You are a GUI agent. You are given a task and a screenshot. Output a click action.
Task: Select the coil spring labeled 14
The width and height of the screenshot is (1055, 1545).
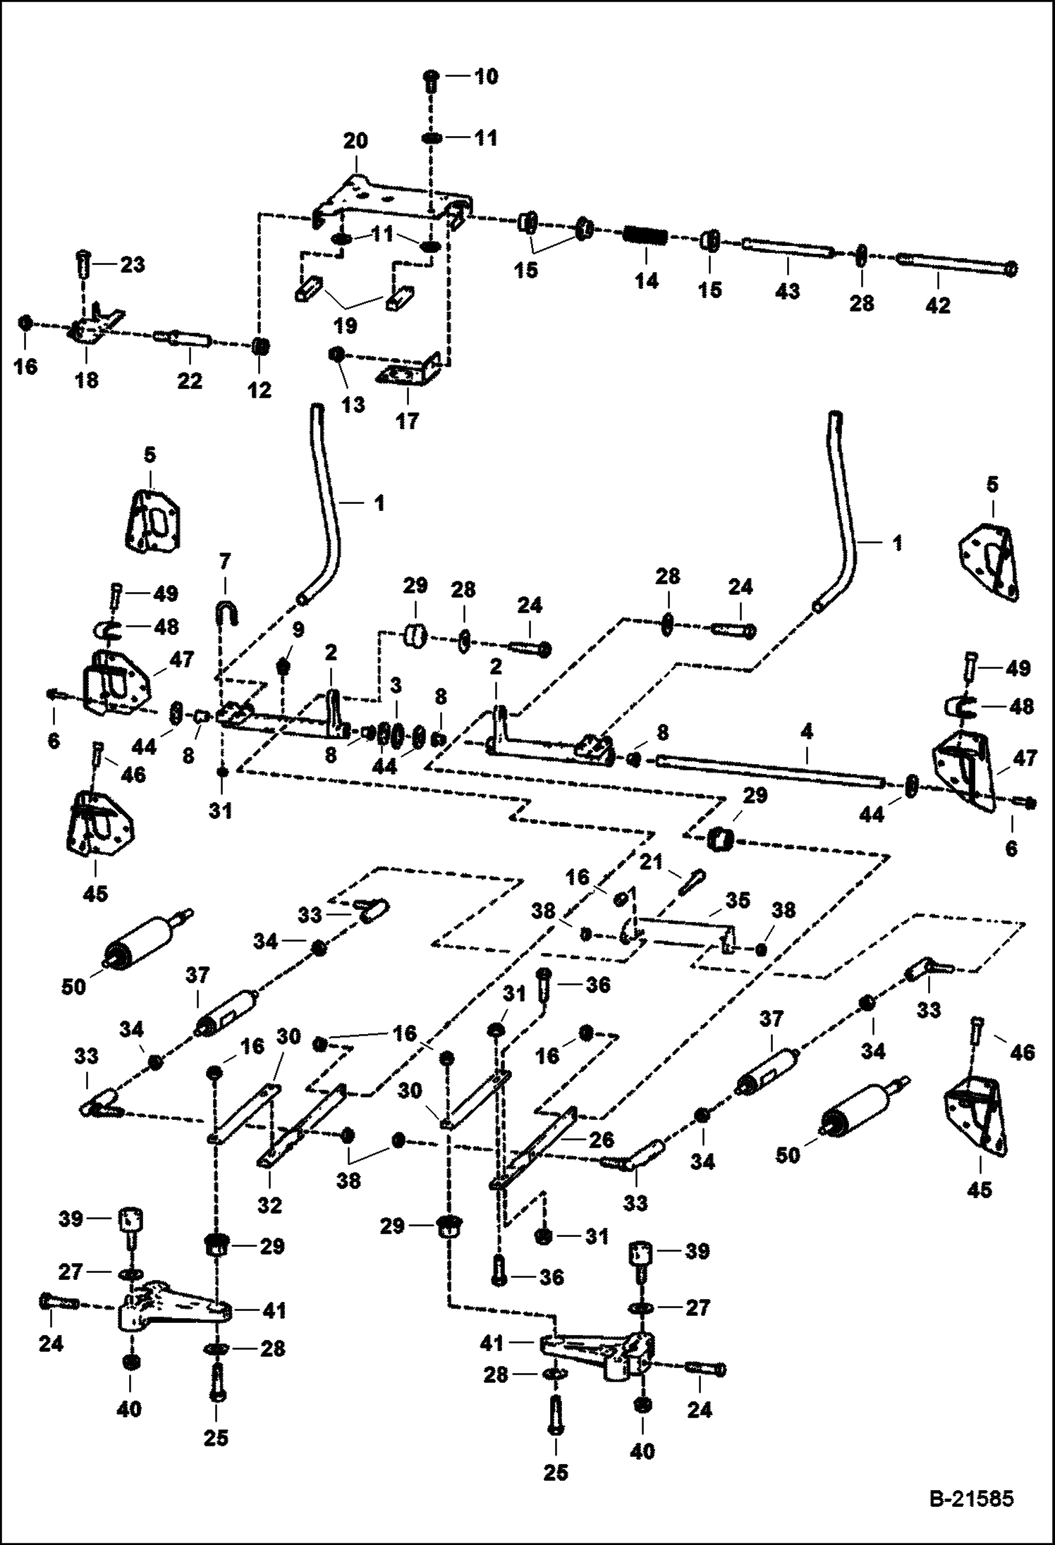pyautogui.click(x=645, y=236)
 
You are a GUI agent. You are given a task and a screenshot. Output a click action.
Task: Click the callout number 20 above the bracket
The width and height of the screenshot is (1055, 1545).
pyautogui.click(x=355, y=140)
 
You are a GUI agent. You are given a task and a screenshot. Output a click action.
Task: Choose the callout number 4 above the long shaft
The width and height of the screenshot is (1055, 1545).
pyautogui.click(x=807, y=732)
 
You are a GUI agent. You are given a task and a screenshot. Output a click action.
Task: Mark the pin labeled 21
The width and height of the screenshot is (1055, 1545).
pyautogui.click(x=691, y=882)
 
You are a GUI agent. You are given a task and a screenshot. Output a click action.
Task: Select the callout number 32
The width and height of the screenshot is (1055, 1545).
pyautogui.click(x=269, y=1205)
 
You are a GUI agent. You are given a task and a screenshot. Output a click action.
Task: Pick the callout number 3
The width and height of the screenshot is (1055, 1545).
pyautogui.click(x=396, y=685)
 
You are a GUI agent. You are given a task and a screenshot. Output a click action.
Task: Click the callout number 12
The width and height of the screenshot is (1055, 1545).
pyautogui.click(x=260, y=390)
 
